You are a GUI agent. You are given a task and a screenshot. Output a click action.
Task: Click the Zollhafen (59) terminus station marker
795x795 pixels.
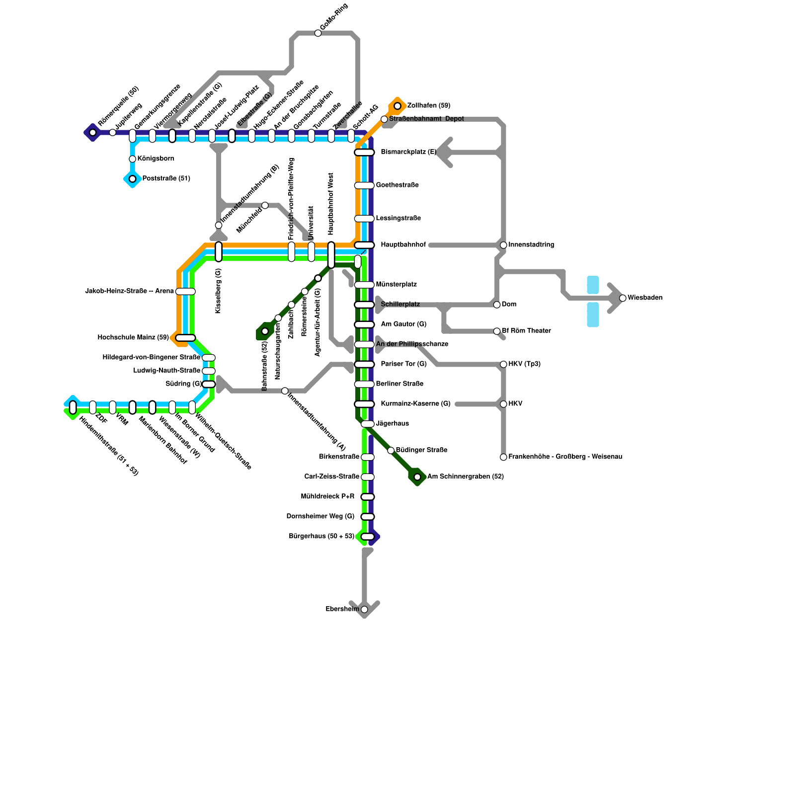[x=397, y=106]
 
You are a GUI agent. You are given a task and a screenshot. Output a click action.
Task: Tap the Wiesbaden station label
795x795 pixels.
[x=644, y=298]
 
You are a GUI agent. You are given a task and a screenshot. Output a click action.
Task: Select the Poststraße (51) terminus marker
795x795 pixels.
[x=132, y=179]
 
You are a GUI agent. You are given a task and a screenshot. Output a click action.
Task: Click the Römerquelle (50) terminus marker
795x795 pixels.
[x=92, y=132]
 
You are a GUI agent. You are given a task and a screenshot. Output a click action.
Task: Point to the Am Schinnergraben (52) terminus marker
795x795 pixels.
[x=417, y=477]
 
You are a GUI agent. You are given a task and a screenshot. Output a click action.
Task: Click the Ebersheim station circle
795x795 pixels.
[x=364, y=609]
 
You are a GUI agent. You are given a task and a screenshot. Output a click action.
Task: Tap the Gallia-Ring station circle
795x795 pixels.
[x=318, y=33]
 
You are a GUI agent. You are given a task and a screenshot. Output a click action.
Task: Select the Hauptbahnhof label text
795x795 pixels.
[x=403, y=245]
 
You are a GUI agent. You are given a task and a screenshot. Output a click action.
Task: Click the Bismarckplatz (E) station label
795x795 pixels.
[x=408, y=152]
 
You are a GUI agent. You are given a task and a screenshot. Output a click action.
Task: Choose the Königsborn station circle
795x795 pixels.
[x=132, y=159]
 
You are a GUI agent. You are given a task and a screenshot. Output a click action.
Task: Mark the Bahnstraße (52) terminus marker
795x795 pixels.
[x=265, y=331]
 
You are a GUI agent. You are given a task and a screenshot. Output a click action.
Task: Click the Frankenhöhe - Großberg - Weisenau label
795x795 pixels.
[x=565, y=457]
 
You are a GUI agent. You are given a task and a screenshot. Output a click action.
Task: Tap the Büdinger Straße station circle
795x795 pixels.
[x=391, y=450]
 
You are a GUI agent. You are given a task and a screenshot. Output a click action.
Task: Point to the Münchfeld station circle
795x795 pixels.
[x=265, y=206]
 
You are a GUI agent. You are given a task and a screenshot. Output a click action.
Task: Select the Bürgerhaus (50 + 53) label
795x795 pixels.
[x=321, y=537]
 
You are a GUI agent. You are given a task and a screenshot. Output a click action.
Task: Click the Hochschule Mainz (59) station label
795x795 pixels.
[x=133, y=338]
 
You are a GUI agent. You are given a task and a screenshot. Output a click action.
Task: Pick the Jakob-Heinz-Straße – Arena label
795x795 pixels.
[x=130, y=291]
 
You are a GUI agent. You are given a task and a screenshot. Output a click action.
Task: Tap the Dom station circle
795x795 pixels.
[x=497, y=305]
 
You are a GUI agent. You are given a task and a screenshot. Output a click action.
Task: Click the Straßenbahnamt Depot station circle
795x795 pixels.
[x=384, y=119]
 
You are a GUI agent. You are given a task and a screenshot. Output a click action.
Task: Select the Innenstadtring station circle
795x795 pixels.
[x=503, y=245]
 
